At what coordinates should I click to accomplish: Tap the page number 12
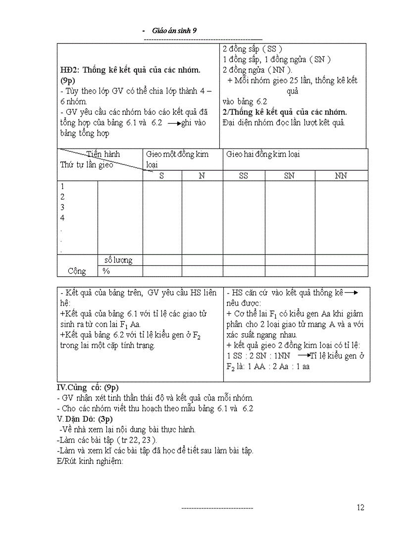360,507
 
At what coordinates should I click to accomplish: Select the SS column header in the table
244,176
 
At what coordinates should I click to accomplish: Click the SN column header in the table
289,176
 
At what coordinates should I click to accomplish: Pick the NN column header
341,176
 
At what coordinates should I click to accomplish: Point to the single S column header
162,176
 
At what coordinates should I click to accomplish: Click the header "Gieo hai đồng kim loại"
263,154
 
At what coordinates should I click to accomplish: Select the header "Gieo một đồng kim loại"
177,159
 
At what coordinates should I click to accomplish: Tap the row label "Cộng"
77,271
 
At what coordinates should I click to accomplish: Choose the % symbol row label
106,271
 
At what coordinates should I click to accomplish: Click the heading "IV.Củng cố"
88,387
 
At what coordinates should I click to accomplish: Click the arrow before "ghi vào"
174,123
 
